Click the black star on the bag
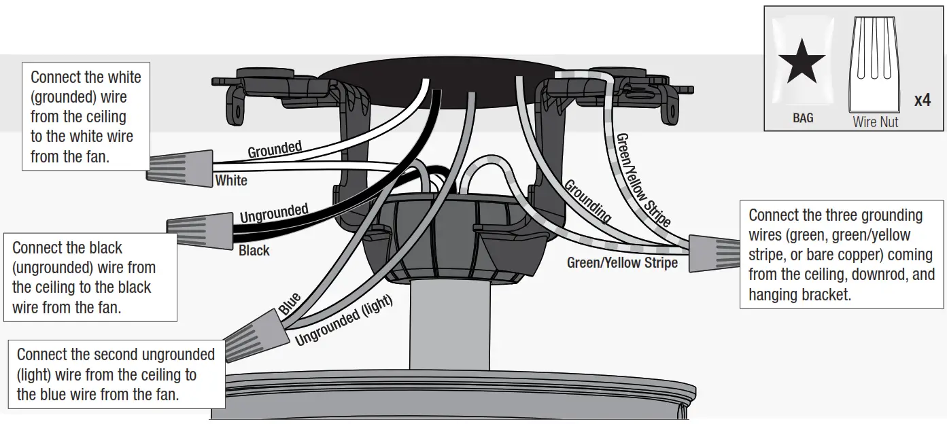coord(802,60)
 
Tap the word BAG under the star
coord(803,118)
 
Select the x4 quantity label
coord(922,101)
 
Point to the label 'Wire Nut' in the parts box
coord(875,122)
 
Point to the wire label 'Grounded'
coord(275,149)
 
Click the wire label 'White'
coord(231,181)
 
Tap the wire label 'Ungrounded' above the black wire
coord(274,213)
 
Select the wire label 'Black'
coord(254,251)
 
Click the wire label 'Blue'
coord(290,303)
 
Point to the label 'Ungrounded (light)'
coord(344,321)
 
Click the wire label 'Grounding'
coord(587,201)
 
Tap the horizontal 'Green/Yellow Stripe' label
coord(622,262)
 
